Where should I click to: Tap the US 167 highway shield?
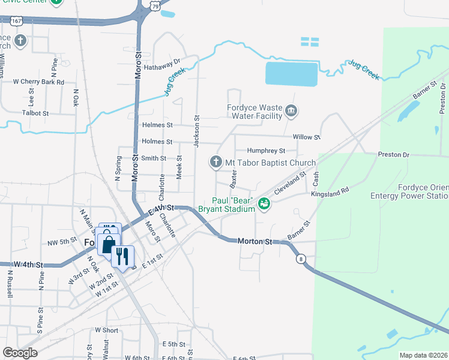[17, 21]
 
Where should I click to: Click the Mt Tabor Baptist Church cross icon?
[216, 162]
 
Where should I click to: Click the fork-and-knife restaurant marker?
[122, 256]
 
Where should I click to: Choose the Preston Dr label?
[393, 154]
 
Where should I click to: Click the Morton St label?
[255, 241]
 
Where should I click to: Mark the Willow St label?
[307, 137]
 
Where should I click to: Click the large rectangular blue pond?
[291, 74]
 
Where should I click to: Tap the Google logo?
[20, 353]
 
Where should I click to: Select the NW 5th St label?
[62, 242]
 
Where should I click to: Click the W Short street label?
[106, 330]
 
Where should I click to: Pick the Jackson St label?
[196, 125]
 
